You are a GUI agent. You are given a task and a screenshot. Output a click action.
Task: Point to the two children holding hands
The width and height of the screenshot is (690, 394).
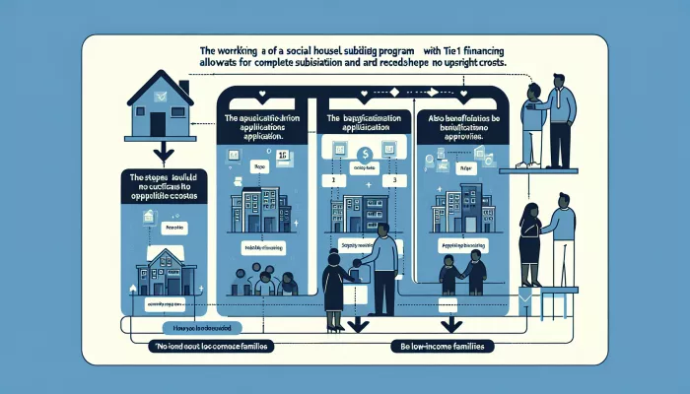pos(461,273)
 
